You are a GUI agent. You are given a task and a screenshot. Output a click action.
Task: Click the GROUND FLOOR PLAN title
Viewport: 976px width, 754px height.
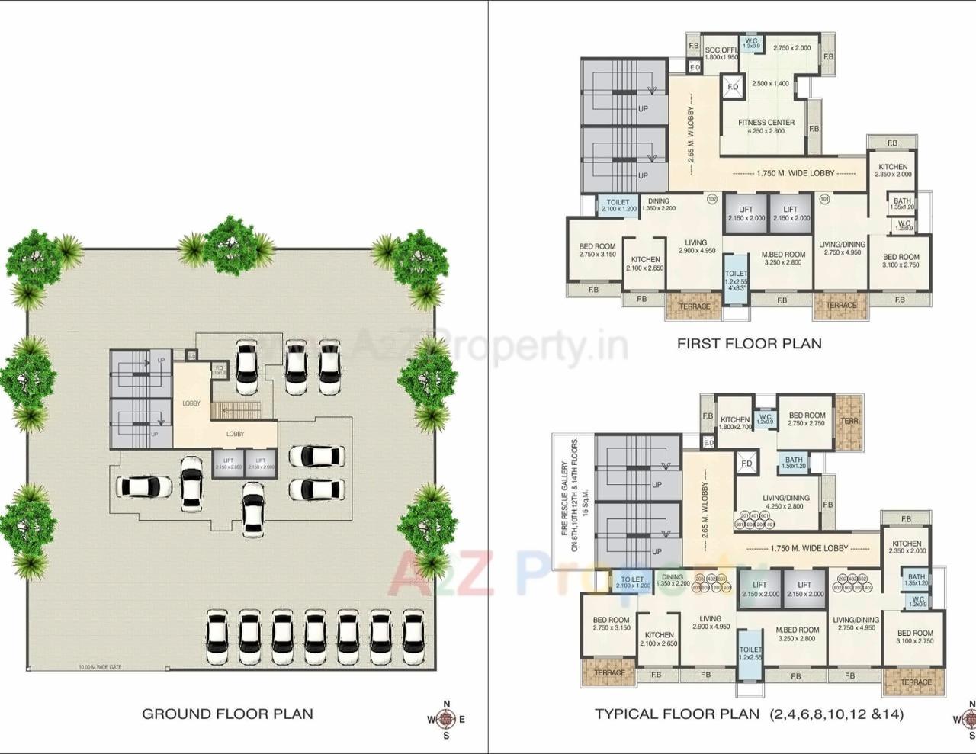pos(227,714)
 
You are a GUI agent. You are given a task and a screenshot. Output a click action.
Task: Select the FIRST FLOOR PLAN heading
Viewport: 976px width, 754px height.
pos(750,344)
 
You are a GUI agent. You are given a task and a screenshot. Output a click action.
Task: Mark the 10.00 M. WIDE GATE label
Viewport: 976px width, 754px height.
pos(100,668)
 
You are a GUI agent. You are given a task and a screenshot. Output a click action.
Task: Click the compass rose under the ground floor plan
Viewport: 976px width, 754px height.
pos(447,719)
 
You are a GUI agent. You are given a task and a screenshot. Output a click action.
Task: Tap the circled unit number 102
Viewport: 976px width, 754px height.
pos(712,200)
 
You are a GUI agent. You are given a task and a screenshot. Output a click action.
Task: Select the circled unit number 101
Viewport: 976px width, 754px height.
pos(824,200)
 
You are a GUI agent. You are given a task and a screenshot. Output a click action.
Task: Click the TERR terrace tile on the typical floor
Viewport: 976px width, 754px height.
pos(849,422)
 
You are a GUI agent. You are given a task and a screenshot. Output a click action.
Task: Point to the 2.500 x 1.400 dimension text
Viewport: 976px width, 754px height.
pos(770,83)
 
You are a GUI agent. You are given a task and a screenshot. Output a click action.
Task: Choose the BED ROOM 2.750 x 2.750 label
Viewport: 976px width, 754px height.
pos(807,419)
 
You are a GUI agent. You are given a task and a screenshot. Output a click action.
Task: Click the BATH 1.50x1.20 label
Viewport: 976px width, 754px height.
pos(794,463)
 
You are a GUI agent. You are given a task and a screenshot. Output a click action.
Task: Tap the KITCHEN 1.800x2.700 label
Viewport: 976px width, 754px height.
pos(735,423)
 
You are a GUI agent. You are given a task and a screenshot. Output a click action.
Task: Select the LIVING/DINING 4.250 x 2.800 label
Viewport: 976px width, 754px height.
pos(786,502)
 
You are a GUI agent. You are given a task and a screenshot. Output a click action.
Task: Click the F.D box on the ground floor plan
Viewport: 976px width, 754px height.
pos(219,370)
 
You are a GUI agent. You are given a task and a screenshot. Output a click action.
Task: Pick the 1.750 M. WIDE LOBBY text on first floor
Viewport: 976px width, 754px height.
pos(795,173)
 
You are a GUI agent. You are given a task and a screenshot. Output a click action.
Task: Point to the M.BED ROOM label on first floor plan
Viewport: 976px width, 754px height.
pos(783,258)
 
